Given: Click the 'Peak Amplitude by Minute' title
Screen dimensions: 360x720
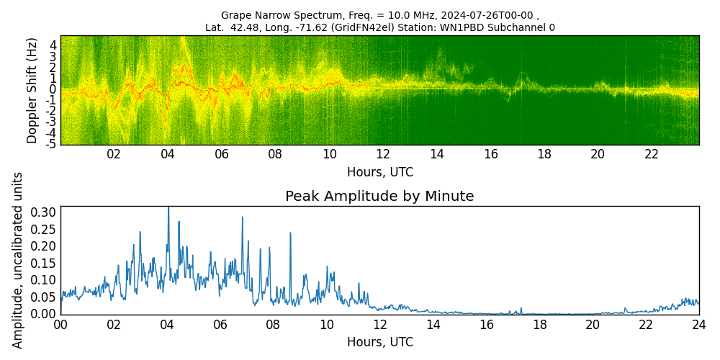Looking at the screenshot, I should coord(379,197).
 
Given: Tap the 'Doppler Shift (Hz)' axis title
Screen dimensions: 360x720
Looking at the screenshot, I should coord(32,91).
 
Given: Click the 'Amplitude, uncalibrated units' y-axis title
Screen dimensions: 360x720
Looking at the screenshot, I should coord(18,260).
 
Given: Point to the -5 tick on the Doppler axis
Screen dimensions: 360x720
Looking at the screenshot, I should coord(51,145).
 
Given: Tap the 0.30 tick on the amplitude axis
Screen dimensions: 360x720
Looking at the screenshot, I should coord(44,212).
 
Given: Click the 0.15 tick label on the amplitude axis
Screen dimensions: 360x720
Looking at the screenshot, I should coord(44,263).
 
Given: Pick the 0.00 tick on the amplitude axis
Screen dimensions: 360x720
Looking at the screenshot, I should coord(44,314).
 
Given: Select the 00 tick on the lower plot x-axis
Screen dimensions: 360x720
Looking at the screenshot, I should coord(60,325).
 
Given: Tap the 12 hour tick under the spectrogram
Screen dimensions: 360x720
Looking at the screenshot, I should coord(383,154).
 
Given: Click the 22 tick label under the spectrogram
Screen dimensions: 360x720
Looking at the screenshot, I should coord(652,154).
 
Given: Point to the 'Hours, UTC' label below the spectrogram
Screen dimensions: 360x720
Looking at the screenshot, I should coord(379,172).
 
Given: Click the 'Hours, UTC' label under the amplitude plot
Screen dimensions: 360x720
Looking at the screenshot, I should coord(379,343).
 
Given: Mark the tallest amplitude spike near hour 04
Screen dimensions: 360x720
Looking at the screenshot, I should coord(168,209).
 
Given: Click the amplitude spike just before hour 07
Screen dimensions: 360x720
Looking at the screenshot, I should coord(243,217).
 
